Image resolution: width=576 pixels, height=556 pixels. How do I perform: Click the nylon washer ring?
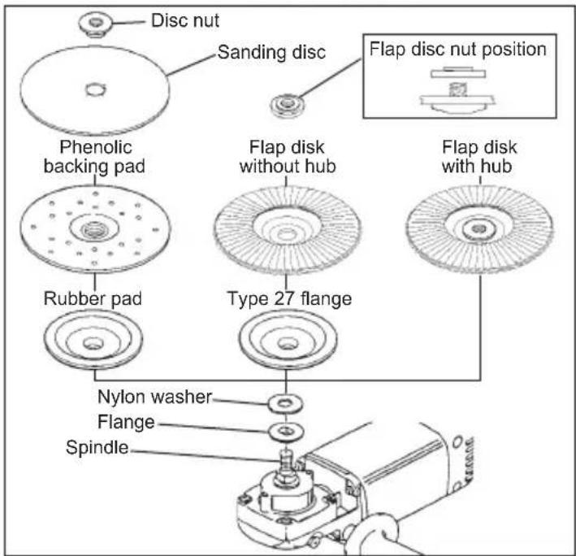tap(285, 402)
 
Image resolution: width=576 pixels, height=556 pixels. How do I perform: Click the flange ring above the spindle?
tap(285, 428)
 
